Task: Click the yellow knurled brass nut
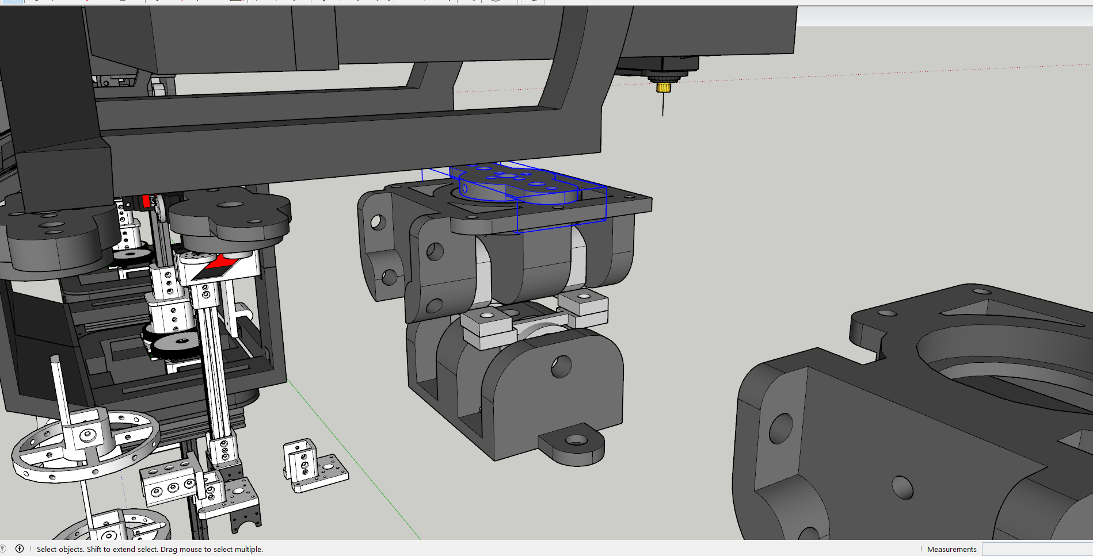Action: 664,87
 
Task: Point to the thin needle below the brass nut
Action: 663,104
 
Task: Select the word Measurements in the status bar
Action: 951,549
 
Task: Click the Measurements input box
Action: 1037,549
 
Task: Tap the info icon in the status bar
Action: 20,549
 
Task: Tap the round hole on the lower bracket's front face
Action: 561,366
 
